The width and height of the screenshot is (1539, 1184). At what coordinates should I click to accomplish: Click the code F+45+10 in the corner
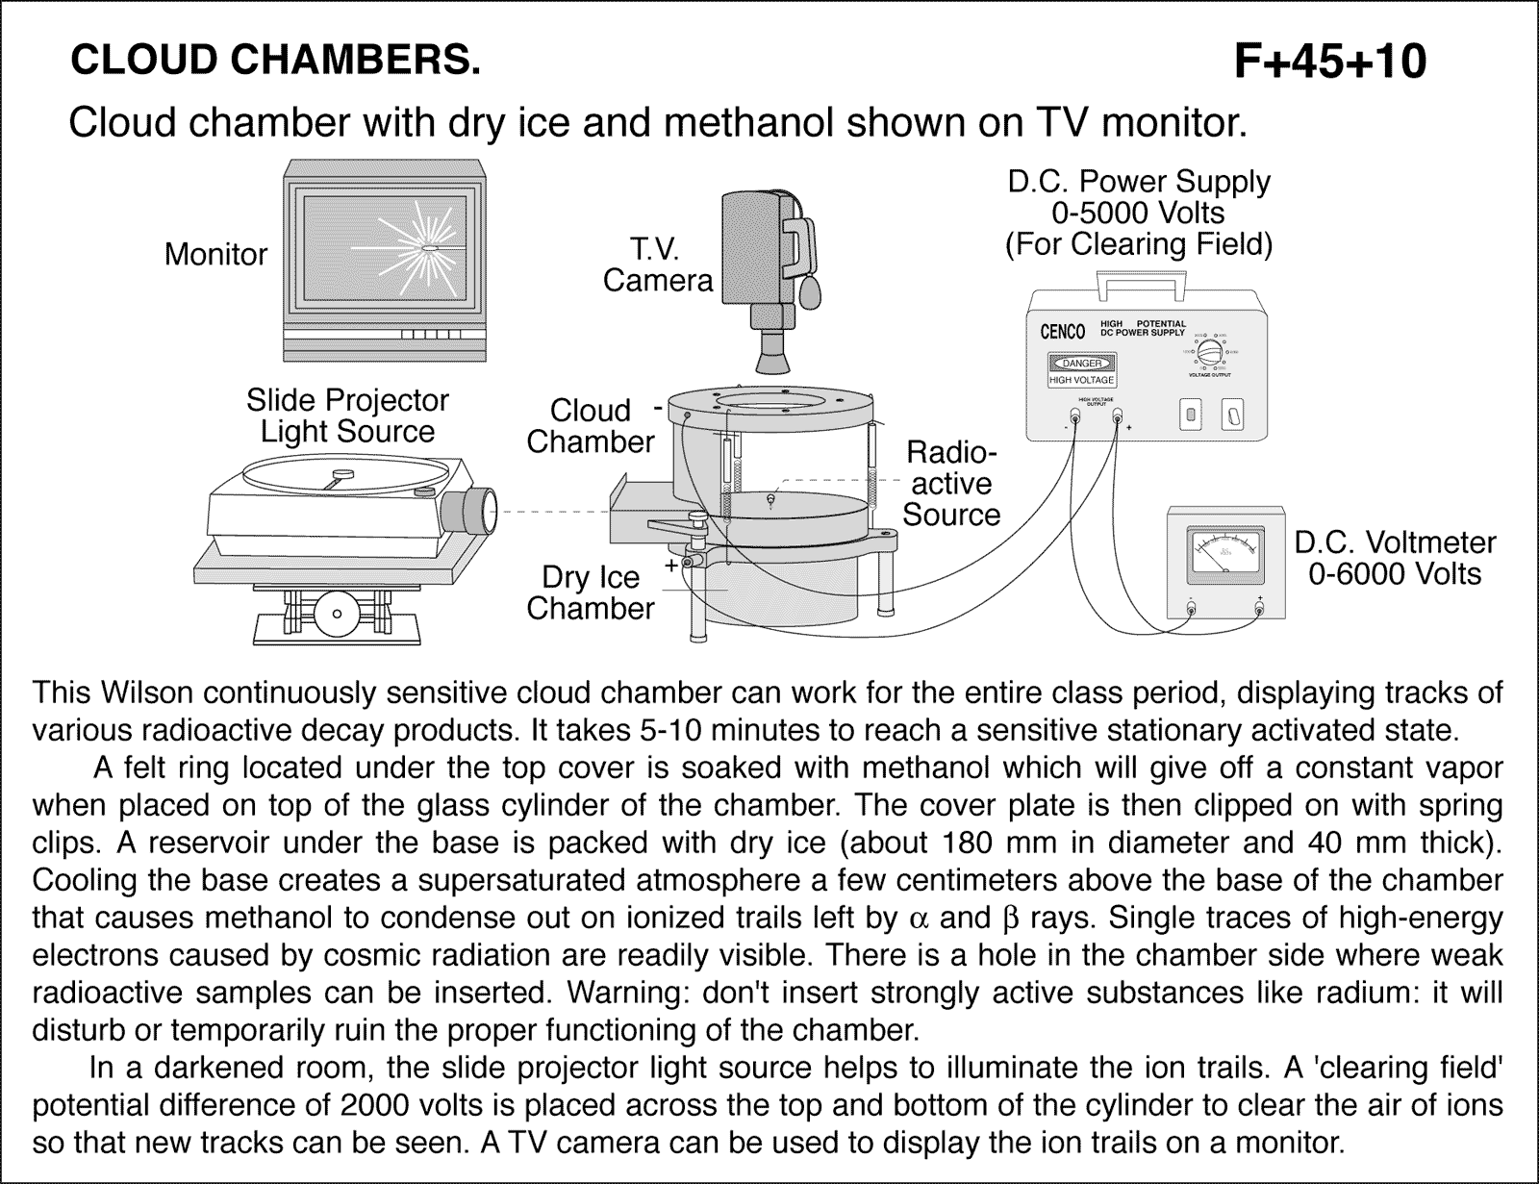tap(1330, 62)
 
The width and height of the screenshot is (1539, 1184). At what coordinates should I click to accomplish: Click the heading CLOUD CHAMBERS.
tap(274, 61)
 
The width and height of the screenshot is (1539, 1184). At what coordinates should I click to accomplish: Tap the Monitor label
tap(215, 254)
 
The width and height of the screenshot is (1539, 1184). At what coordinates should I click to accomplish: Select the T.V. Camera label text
tap(657, 265)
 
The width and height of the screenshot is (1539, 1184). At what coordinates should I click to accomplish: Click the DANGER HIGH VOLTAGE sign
tap(1082, 369)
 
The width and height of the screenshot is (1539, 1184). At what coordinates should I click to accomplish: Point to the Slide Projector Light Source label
tap(347, 416)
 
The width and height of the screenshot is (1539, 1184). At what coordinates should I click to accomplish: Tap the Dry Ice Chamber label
tap(591, 592)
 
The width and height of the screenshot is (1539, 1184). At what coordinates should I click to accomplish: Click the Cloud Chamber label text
tap(591, 426)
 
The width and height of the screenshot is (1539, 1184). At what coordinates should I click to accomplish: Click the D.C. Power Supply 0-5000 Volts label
tap(1139, 213)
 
